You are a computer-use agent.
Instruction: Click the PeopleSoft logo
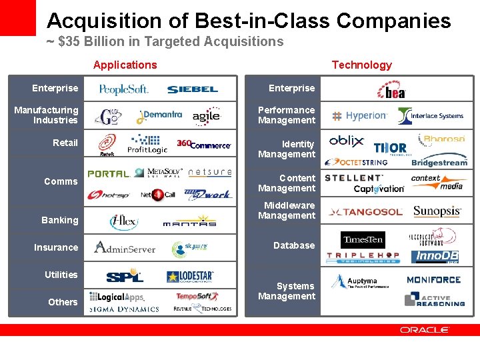coord(123,89)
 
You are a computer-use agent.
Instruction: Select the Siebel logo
coord(193,89)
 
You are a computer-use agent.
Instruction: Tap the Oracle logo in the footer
coord(425,329)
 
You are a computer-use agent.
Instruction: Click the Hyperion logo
coord(360,115)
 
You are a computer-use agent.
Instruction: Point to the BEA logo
coord(391,90)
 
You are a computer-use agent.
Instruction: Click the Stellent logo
coord(354,178)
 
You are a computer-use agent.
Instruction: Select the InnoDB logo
coord(436,257)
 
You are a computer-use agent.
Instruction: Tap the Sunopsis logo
coord(437,212)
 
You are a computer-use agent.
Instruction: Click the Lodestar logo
coord(191,276)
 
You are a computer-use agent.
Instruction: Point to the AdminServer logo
coord(125,247)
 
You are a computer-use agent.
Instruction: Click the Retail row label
coord(65,143)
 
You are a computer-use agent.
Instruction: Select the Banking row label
coord(60,220)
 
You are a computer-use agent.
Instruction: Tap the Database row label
coord(294,245)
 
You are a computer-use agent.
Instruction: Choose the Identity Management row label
coord(288,149)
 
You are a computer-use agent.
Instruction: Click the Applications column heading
coord(125,65)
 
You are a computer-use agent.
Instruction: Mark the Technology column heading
coord(362,65)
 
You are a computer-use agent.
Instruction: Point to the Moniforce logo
coord(433,280)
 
